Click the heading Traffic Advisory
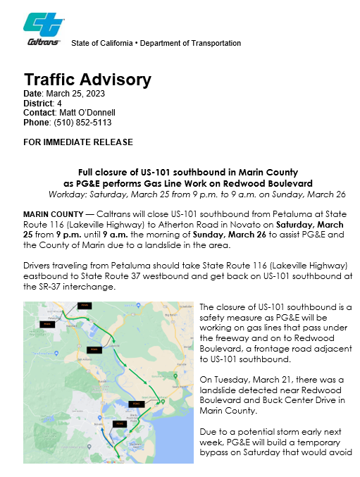pyautogui.click(x=87, y=79)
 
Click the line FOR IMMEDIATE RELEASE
pyautogui.click(x=78, y=142)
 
